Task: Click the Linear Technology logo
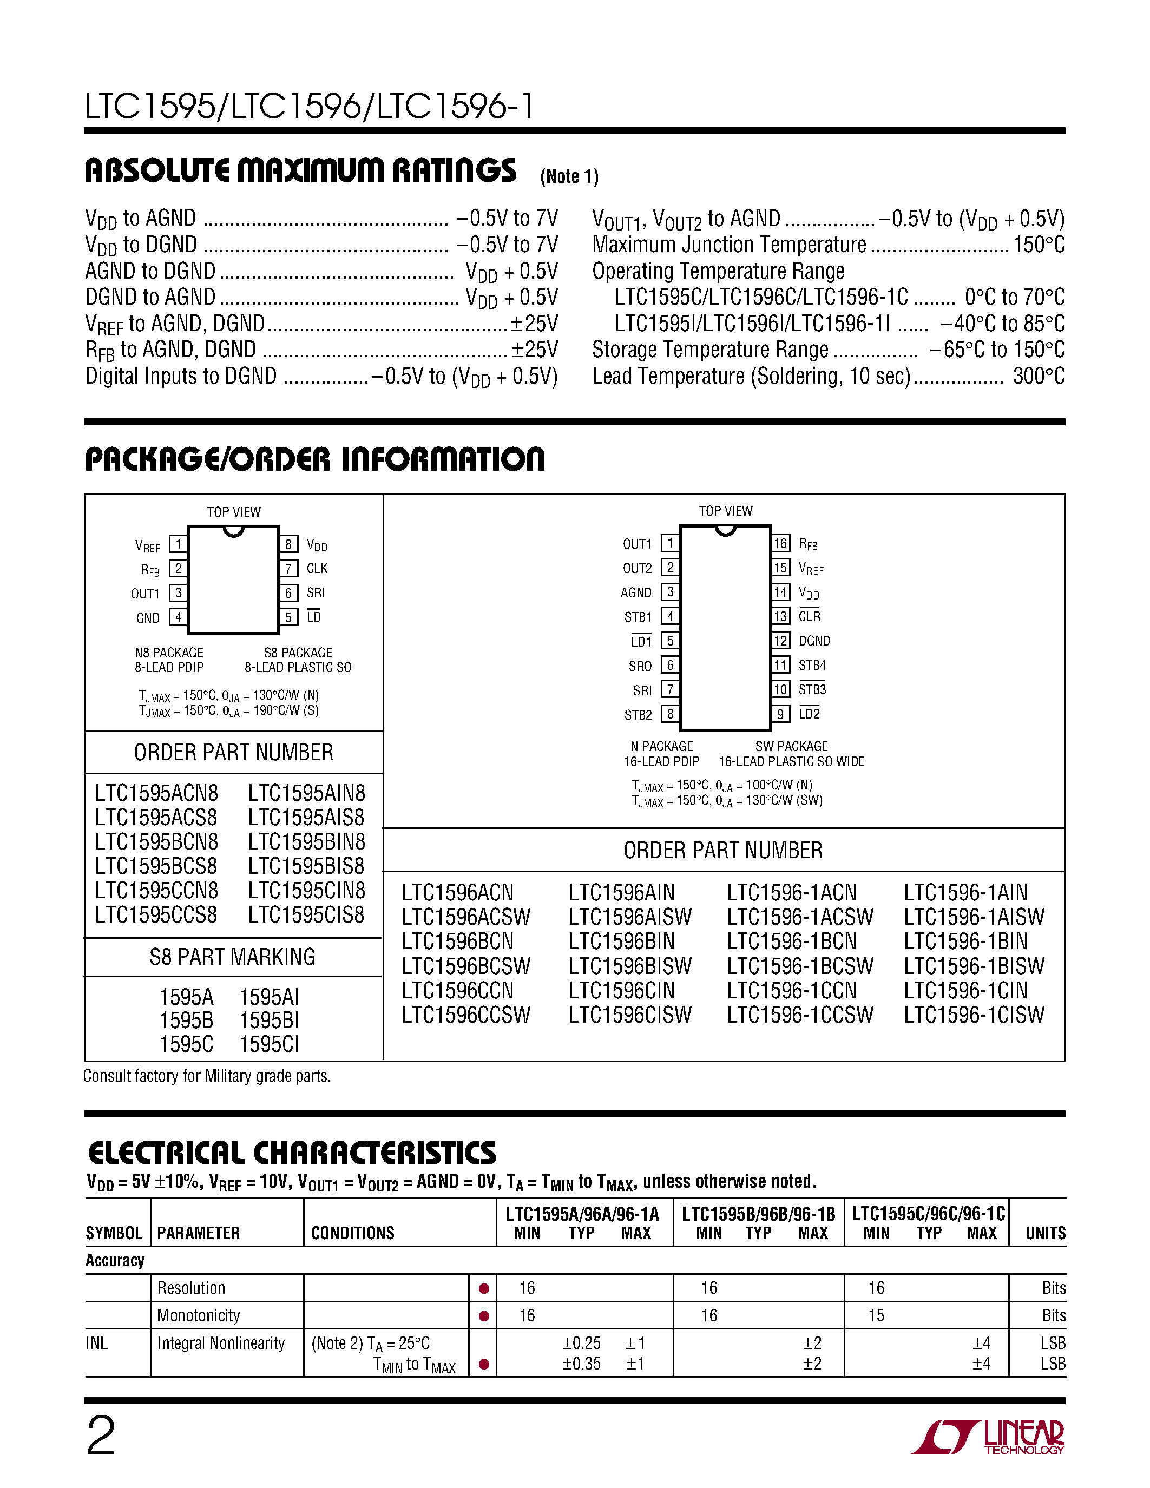pos(987,1438)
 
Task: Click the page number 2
pos(101,1436)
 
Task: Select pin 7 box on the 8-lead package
pos(288,568)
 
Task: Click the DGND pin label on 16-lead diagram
pos(814,641)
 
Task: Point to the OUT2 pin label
pos(637,568)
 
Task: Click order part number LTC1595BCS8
pos(156,866)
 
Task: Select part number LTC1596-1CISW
pos(974,1015)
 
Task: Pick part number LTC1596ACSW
pos(466,917)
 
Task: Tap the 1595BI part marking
pos(269,1020)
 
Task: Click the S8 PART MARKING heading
pos(232,957)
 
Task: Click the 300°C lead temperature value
pos(1039,376)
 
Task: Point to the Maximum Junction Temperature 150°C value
pos(1039,245)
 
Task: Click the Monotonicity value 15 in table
pos(876,1315)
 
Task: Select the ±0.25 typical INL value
pos(581,1343)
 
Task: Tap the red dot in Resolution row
pos(484,1288)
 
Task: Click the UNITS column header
pos(1045,1233)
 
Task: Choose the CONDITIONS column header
pos(353,1233)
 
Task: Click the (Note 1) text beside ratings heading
pos(569,176)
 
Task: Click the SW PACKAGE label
pos(791,747)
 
